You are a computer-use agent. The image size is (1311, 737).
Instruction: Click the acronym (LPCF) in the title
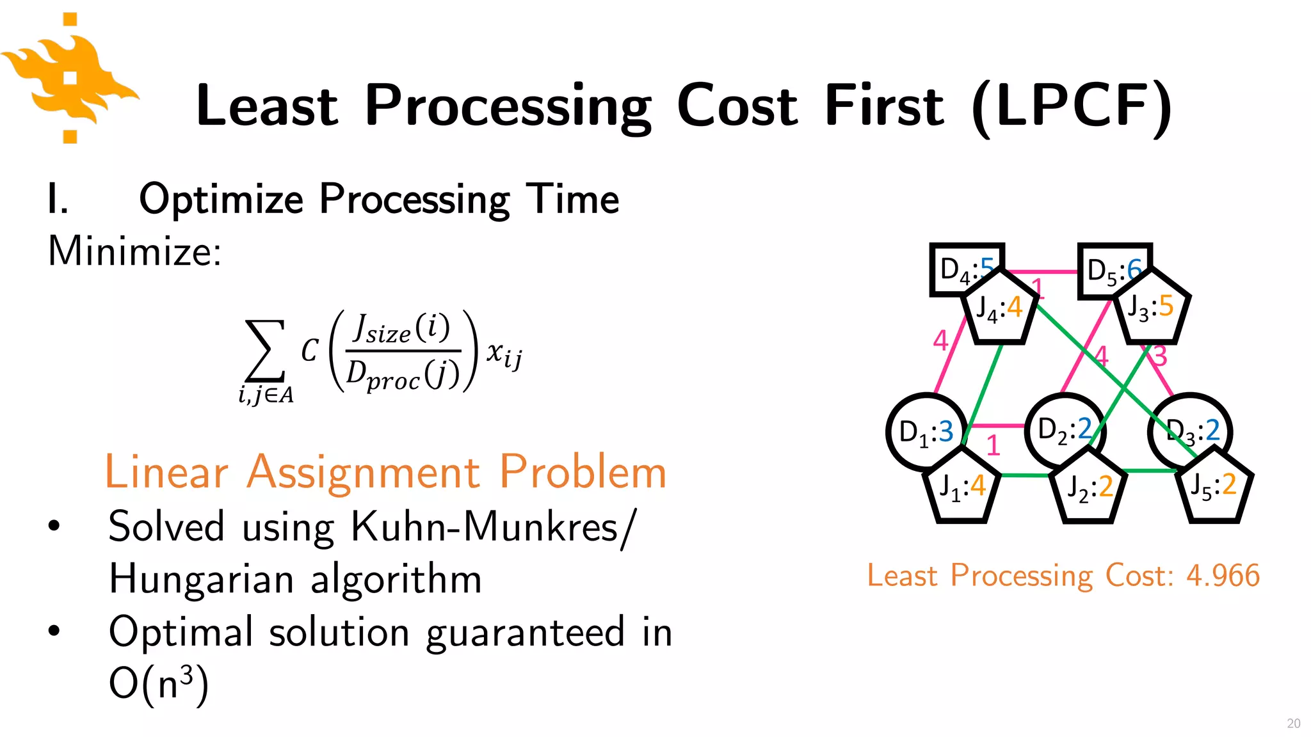[1072, 106]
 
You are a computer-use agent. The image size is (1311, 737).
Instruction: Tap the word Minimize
[134, 251]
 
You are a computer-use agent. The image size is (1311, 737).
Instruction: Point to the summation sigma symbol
[265, 351]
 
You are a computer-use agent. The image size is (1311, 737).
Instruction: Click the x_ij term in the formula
[504, 354]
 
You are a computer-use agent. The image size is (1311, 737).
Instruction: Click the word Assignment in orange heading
[363, 472]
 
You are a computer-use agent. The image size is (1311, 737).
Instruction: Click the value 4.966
[1223, 575]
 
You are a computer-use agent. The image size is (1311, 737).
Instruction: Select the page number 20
[1293, 723]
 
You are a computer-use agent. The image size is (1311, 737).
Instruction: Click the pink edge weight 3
[1160, 356]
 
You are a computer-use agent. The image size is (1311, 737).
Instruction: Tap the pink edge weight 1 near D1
[993, 445]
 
